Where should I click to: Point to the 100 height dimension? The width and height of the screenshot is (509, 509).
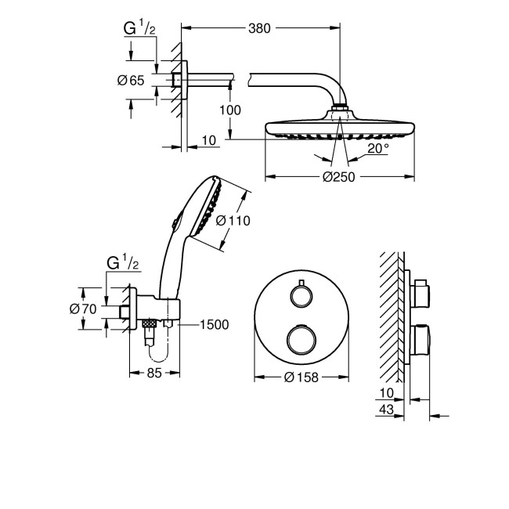[x=230, y=110]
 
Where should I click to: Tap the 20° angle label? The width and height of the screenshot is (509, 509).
[x=378, y=149]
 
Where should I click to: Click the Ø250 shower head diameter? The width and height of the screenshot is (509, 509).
[x=339, y=176]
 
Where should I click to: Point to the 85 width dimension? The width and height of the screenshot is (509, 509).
[x=153, y=374]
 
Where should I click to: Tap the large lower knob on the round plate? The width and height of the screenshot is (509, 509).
[x=301, y=338]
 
